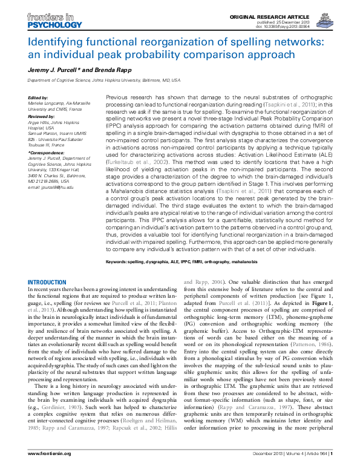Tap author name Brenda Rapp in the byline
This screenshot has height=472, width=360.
[97, 71]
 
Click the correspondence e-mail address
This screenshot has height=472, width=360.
[51, 188]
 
